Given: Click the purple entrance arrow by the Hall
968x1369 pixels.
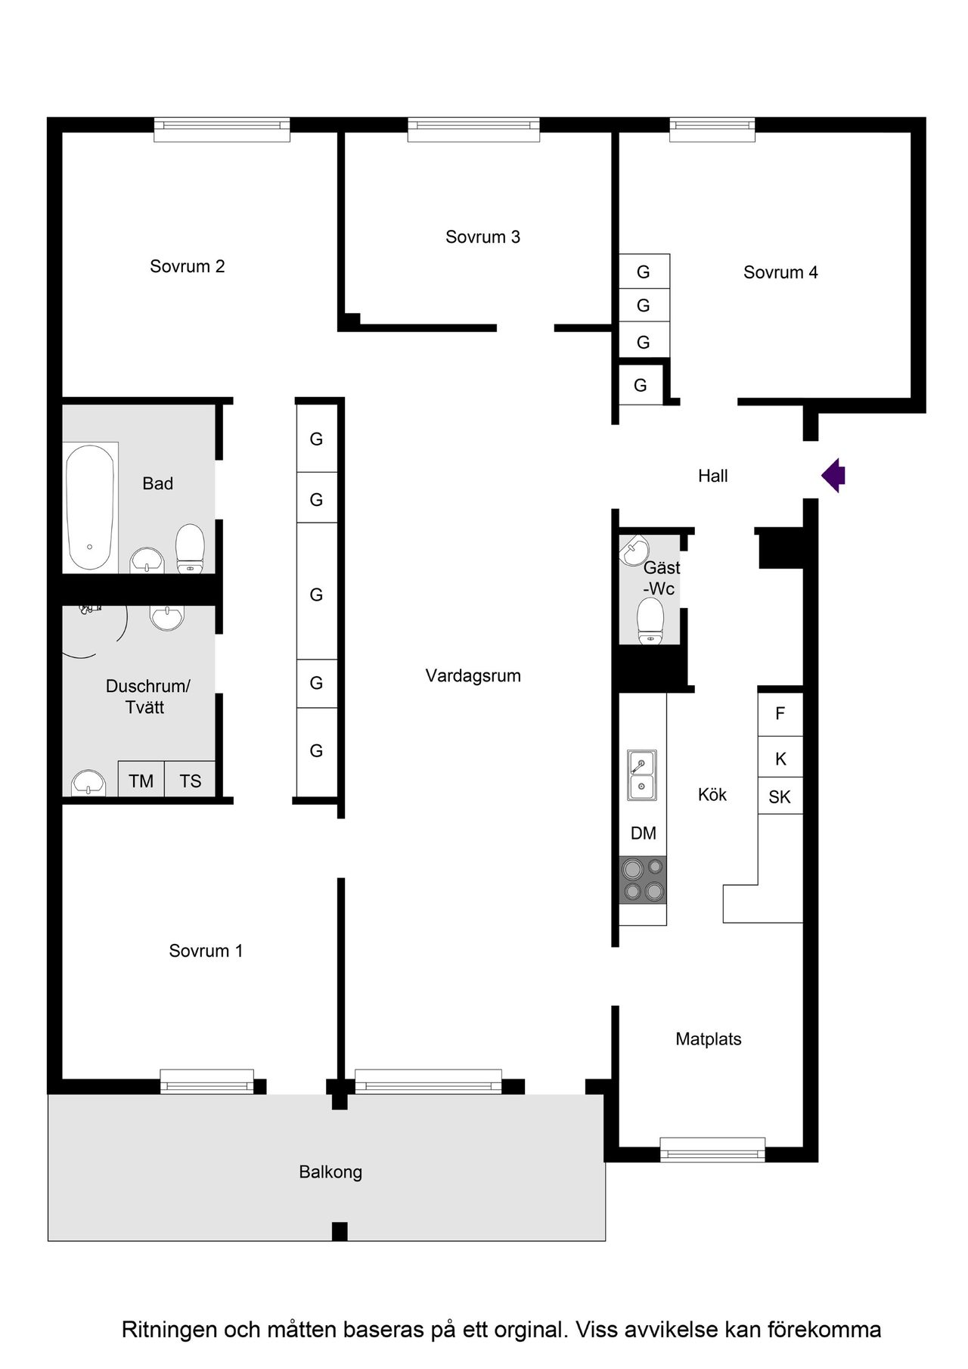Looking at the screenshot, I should click(833, 476).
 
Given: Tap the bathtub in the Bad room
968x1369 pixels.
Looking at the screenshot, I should click(90, 507).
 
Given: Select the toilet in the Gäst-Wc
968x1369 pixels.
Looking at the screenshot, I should click(650, 620).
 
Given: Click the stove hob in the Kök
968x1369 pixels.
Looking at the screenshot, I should click(643, 880).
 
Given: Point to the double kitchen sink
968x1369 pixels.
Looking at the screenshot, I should click(642, 775).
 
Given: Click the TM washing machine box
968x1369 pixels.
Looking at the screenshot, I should click(141, 780).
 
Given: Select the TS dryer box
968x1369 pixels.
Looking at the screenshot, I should click(191, 780).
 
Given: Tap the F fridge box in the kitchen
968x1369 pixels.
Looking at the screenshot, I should click(780, 714).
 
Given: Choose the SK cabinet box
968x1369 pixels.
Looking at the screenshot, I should click(780, 796).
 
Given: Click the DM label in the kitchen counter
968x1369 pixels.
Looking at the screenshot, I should click(644, 833).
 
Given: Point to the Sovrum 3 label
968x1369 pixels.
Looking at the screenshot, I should click(482, 237).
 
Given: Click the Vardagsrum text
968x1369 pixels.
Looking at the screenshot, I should click(473, 675).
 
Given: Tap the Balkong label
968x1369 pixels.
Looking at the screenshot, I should click(330, 1172).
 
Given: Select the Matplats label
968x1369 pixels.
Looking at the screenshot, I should click(708, 1038).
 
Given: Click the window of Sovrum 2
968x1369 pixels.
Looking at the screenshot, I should click(222, 129).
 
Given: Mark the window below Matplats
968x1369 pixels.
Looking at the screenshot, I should click(712, 1150).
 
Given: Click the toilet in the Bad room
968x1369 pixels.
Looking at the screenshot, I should click(190, 548).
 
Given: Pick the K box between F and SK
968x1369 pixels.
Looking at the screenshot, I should click(780, 758).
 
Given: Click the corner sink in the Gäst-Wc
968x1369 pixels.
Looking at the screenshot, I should click(633, 551).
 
